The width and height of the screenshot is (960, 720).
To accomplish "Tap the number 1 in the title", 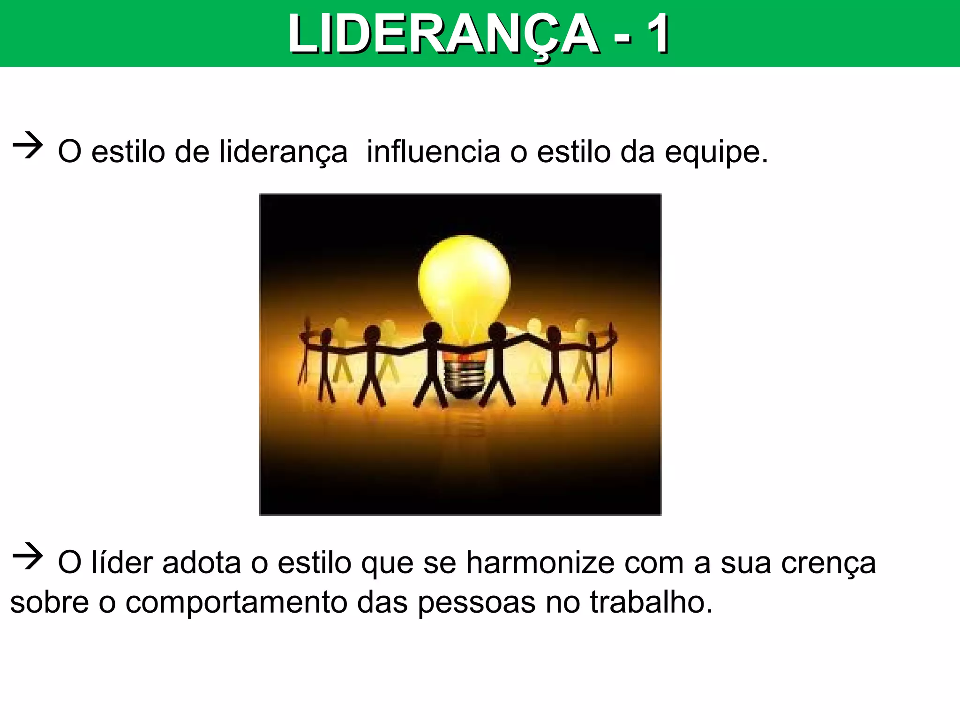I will click(658, 34).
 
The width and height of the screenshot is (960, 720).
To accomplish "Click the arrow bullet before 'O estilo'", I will click(28, 146).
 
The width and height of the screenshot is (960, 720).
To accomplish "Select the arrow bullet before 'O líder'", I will click(28, 556).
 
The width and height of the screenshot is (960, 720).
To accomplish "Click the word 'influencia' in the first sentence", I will click(433, 152).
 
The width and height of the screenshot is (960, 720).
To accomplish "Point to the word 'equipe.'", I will click(717, 153).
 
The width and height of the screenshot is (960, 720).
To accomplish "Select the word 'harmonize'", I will click(540, 562).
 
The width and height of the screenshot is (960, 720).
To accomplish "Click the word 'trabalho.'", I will click(651, 602).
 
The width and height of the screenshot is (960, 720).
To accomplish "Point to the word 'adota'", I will click(202, 562).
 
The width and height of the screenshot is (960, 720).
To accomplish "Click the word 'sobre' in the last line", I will click(49, 602).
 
